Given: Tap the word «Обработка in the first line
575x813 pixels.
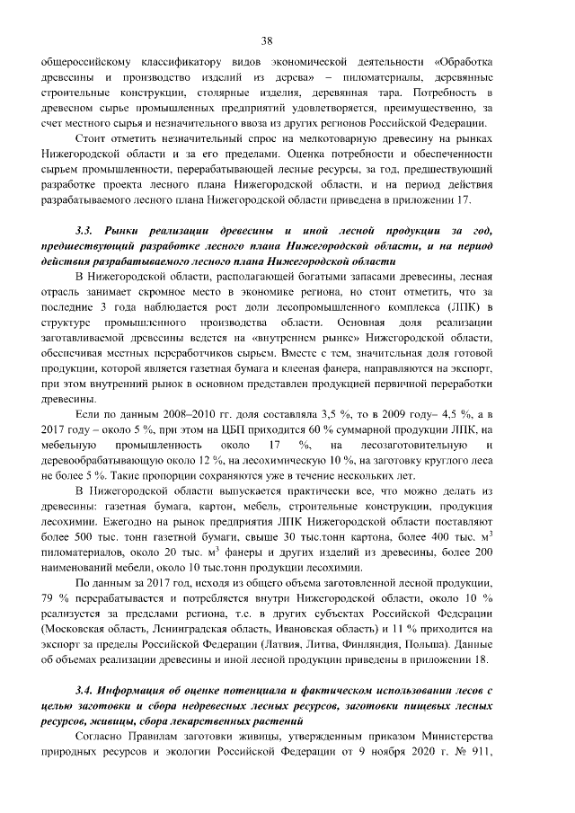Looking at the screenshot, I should point(464,61).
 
